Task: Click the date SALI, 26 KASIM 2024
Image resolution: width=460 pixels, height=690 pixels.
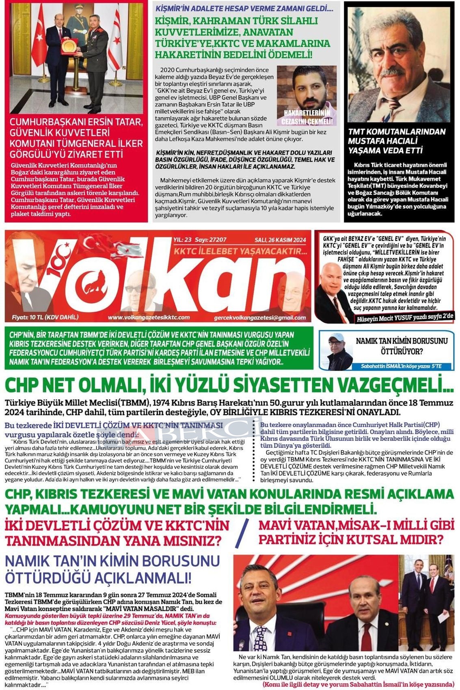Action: coord(280,240)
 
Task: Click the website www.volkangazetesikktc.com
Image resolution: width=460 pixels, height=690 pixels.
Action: coord(149,317)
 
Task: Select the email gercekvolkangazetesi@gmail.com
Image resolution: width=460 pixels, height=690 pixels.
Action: coord(260,317)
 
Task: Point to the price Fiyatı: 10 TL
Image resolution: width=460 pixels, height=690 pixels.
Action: coord(45,317)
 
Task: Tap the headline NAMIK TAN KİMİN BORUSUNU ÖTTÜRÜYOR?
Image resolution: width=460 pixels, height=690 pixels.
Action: coord(401,345)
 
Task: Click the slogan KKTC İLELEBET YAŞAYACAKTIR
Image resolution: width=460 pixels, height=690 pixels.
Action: coord(240,252)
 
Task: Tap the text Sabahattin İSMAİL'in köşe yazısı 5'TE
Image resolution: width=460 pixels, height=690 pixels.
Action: coord(401,367)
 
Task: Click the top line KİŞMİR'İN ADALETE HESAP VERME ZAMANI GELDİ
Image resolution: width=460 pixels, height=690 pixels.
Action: coord(244,8)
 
